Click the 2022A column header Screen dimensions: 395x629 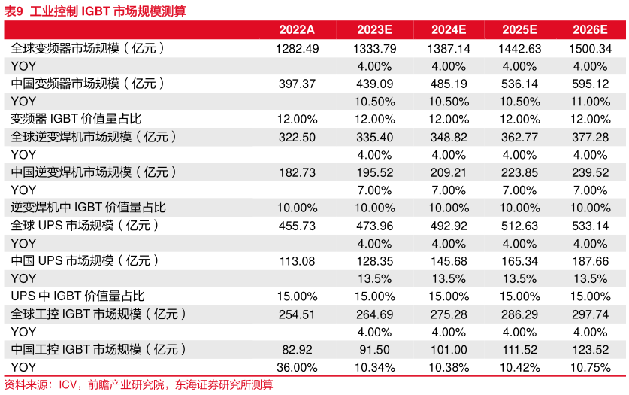pos(297,29)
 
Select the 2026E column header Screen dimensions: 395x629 pos(590,29)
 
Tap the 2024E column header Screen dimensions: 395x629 pos(449,29)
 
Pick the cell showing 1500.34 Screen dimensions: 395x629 pos(590,48)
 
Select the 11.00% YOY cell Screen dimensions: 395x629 pos(590,102)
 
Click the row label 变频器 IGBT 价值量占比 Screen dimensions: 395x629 pos(76,119)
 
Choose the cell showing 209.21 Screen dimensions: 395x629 pos(449,172)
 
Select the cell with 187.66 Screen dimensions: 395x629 pos(590,261)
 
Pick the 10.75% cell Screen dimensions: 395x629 pos(590,368)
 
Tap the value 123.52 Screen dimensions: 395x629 pos(590,350)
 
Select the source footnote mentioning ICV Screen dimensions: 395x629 pos(139,385)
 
